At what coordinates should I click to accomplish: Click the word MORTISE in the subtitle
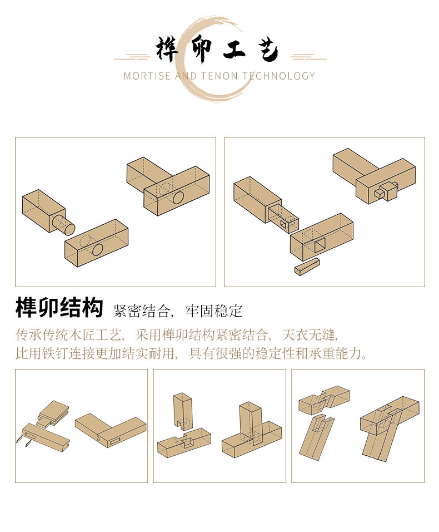[x=147, y=76]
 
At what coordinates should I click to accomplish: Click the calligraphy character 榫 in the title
[x=167, y=50]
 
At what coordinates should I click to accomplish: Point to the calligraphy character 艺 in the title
[x=268, y=51]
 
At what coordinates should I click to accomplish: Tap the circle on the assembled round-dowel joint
[x=178, y=198]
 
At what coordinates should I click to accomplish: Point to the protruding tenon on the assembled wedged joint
[x=383, y=192]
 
